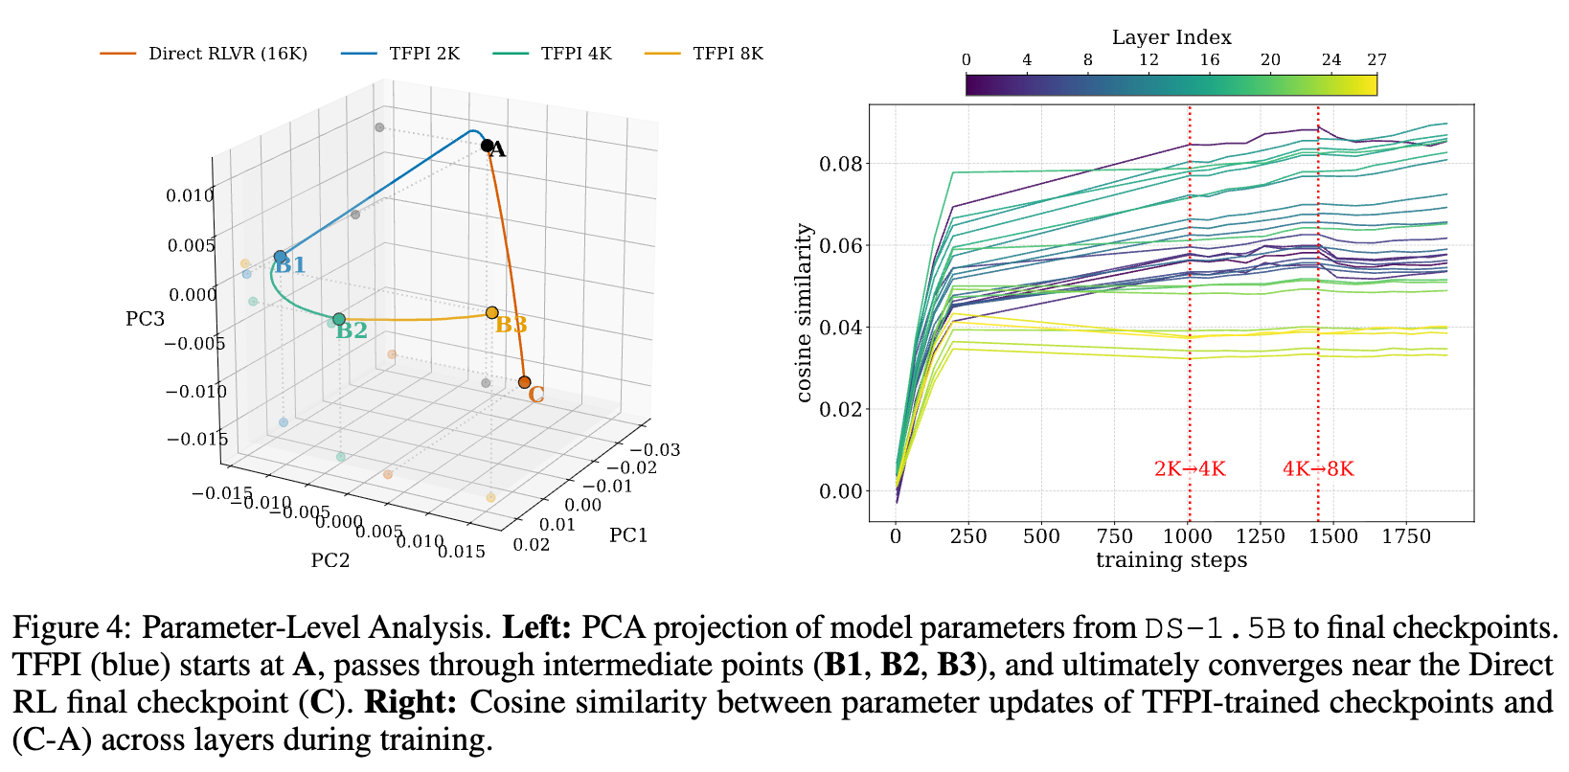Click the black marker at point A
point(488,147)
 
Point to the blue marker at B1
point(281,257)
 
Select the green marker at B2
point(339,319)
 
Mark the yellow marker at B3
point(492,312)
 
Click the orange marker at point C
point(524,382)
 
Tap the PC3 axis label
point(146,319)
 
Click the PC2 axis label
point(330,560)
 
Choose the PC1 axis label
point(628,535)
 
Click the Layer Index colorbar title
point(1171,37)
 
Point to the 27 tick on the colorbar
point(1376,60)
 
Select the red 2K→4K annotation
point(1190,469)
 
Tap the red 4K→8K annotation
point(1318,469)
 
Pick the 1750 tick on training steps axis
point(1406,537)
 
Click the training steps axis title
point(1171,560)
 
